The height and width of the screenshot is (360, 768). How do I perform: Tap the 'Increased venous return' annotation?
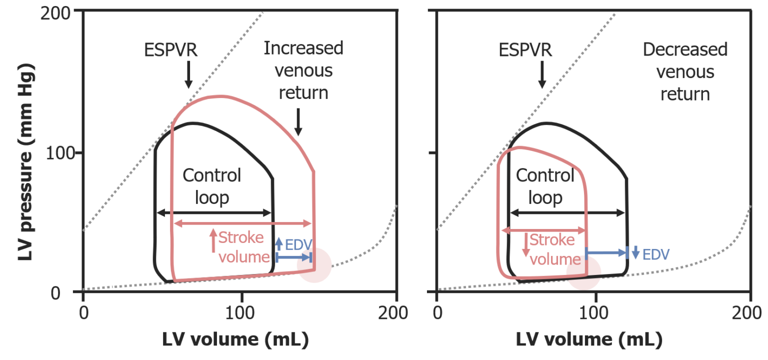tap(303, 70)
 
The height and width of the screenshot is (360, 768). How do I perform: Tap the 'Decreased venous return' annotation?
tap(685, 72)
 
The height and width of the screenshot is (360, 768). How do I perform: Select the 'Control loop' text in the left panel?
tap(211, 186)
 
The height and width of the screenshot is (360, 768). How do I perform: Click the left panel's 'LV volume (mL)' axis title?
tap(235, 340)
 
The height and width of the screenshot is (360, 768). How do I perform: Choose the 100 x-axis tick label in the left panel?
tap(241, 312)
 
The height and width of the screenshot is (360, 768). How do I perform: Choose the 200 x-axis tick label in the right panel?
tap(750, 312)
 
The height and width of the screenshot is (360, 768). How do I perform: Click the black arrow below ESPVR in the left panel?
tap(188, 75)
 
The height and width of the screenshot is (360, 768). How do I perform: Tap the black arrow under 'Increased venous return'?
tap(298, 122)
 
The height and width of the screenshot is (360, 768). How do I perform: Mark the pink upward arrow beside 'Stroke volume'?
tap(213, 240)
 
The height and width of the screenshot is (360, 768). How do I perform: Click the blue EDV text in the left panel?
tap(298, 244)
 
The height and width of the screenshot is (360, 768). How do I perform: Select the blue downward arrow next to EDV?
tap(635, 252)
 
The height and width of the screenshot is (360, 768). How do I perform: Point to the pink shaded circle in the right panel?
tap(583, 272)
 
